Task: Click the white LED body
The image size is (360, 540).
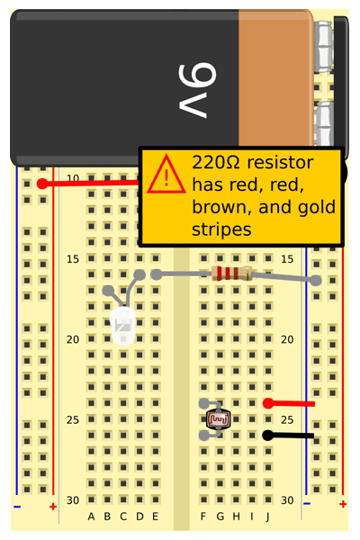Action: point(122,326)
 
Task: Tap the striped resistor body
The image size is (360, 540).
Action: point(232,274)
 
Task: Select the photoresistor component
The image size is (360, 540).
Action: point(218,419)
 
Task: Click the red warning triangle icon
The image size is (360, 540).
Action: point(166,174)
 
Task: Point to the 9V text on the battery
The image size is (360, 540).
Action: point(197,91)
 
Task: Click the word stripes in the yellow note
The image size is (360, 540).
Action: point(221,230)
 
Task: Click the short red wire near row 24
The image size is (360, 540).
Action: point(289,403)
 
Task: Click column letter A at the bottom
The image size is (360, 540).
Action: point(91,517)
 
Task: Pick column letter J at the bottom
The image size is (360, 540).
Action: point(267,517)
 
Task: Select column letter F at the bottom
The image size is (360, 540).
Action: point(203,517)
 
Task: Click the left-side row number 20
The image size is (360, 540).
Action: point(73,339)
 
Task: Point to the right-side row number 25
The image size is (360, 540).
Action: point(287,419)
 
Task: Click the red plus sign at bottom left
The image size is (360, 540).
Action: point(53,507)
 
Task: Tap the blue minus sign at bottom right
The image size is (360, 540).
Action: point(307,503)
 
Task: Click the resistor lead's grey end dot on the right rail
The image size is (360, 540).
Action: point(316,280)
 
